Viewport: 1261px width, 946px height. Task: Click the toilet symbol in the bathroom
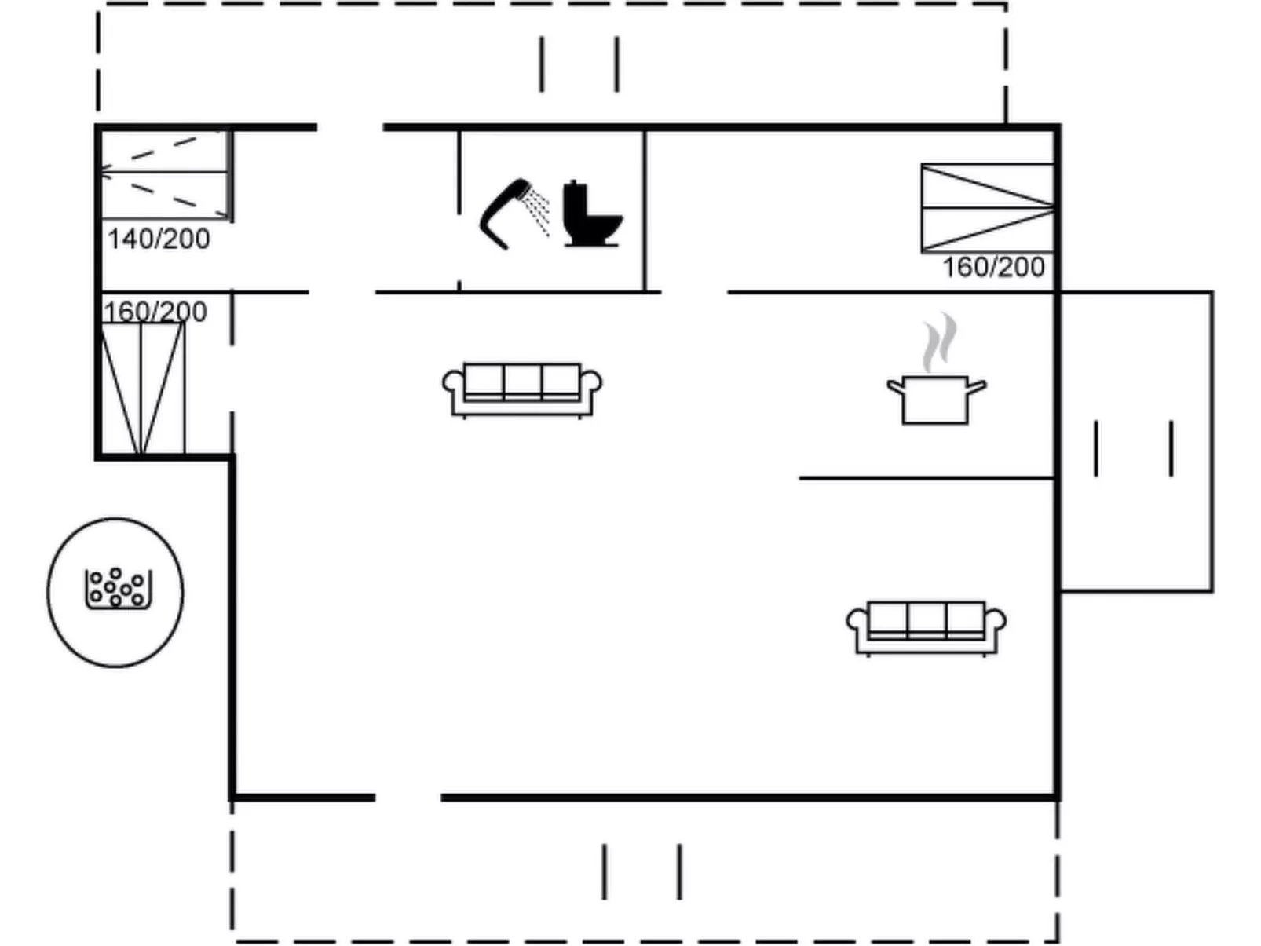pyautogui.click(x=592, y=214)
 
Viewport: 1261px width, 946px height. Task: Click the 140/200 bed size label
pyautogui.click(x=159, y=239)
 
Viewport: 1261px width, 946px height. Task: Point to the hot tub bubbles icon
pyautogui.click(x=119, y=587)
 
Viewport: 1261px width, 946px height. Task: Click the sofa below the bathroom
pyautogui.click(x=522, y=390)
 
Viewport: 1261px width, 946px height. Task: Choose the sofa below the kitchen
pyautogui.click(x=926, y=628)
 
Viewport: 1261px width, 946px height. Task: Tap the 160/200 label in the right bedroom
pyautogui.click(x=994, y=268)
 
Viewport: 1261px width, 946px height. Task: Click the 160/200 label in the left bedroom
pyautogui.click(x=155, y=312)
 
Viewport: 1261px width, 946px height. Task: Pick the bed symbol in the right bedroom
pyautogui.click(x=988, y=208)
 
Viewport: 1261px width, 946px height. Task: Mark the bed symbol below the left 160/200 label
pyautogui.click(x=142, y=389)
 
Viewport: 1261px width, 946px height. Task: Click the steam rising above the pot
pyautogui.click(x=940, y=342)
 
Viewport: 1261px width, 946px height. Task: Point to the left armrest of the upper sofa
pyautogui.click(x=453, y=383)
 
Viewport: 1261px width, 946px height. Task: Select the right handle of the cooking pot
pyautogui.click(x=978, y=386)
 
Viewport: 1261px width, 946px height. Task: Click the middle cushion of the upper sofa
pyautogui.click(x=522, y=381)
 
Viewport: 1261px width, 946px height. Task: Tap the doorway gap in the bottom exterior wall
pyautogui.click(x=408, y=798)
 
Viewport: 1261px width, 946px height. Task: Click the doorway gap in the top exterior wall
pyautogui.click(x=350, y=127)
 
